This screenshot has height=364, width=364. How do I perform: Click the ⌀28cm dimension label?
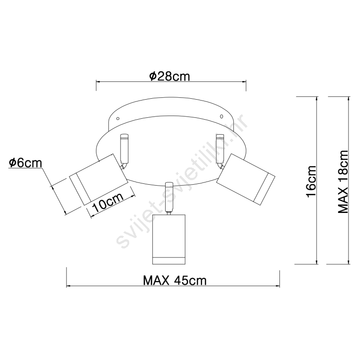(169, 76)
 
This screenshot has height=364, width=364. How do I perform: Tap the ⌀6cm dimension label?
(25, 163)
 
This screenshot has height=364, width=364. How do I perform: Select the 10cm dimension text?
(108, 202)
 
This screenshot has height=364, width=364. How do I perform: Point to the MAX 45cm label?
(175, 280)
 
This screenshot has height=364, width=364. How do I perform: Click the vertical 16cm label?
(311, 181)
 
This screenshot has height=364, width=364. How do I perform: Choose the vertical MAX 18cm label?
(343, 182)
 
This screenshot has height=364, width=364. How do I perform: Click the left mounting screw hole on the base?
(118, 119)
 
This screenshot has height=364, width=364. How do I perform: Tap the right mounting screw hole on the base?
(221, 116)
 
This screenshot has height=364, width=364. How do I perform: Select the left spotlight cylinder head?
(99, 179)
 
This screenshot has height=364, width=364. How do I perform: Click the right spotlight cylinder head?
(246, 179)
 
